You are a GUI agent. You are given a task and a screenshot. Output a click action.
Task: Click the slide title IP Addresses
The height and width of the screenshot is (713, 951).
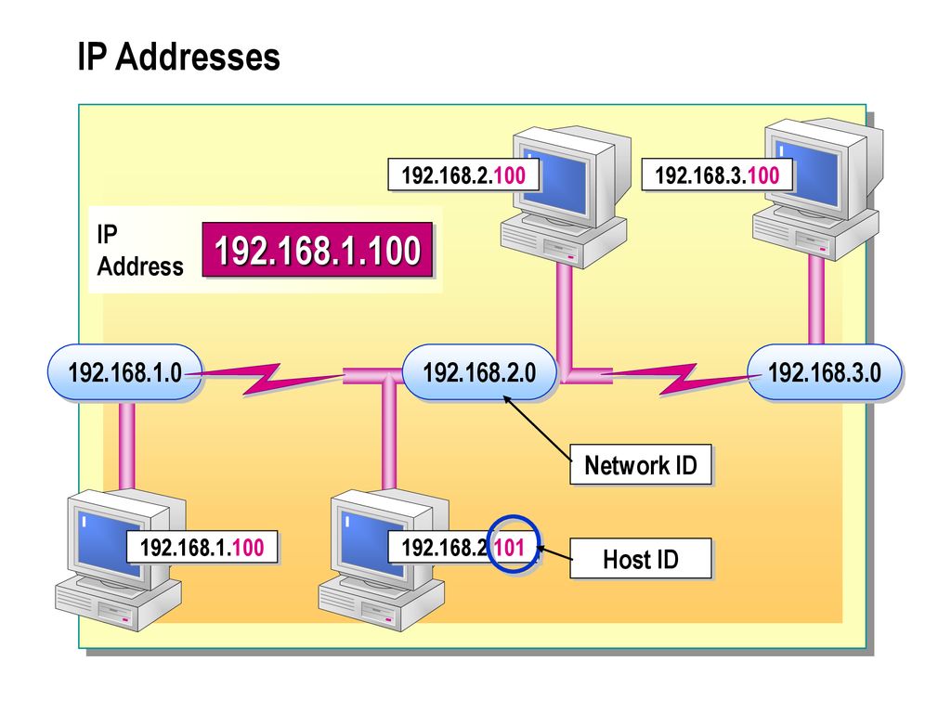(x=179, y=57)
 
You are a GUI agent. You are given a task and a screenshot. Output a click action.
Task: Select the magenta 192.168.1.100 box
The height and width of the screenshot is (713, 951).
(x=318, y=250)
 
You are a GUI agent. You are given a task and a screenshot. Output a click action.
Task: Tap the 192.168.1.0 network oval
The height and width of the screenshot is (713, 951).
(x=125, y=371)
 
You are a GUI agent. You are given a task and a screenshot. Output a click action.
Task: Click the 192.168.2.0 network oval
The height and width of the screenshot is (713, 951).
(x=479, y=371)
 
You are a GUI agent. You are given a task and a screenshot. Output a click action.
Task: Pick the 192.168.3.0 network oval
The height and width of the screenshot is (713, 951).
(x=825, y=371)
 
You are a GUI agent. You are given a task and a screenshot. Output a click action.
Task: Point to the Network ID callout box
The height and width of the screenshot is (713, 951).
(x=641, y=465)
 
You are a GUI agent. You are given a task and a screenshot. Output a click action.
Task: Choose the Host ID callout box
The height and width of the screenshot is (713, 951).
(x=641, y=558)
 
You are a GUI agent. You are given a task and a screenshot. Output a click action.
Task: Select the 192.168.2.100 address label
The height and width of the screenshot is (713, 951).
(x=463, y=175)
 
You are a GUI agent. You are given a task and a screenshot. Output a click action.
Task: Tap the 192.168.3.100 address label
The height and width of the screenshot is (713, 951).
(x=717, y=175)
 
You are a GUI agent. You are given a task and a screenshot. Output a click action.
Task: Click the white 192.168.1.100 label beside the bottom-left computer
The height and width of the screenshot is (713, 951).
(x=202, y=547)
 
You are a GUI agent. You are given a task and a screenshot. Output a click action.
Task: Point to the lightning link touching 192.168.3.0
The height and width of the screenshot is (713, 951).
(x=683, y=379)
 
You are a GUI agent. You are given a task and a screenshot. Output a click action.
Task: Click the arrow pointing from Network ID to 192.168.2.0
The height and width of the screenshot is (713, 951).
(x=538, y=429)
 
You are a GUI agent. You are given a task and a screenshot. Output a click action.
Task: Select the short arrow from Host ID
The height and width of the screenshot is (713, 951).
(x=554, y=552)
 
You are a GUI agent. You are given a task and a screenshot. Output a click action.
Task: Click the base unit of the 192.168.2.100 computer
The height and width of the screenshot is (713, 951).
(x=564, y=241)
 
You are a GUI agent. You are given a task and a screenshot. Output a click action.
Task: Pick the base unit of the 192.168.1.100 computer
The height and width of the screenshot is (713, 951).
(x=118, y=603)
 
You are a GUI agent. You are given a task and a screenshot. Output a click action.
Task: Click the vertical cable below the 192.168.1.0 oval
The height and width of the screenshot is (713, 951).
(x=126, y=444)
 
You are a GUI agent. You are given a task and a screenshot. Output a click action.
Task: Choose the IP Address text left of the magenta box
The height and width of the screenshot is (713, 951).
(x=139, y=250)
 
